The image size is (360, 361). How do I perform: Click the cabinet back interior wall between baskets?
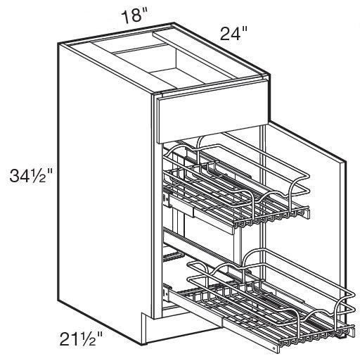pyautogui.click(x=211, y=246)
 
